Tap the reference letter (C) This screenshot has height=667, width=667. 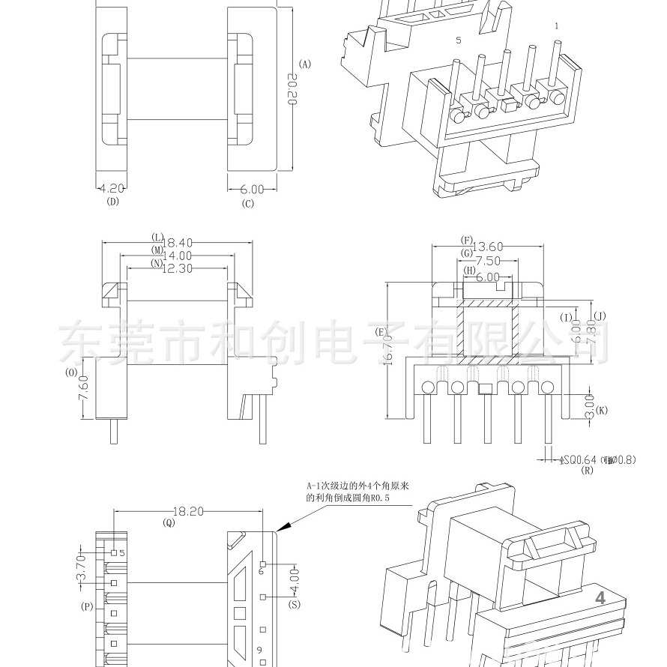pyautogui.click(x=248, y=203)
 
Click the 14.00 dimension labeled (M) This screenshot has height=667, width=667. pyautogui.click(x=178, y=255)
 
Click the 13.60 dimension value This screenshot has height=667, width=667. pyautogui.click(x=486, y=246)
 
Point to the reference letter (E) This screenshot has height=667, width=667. pyautogui.click(x=381, y=332)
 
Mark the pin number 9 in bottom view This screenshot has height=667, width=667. pyautogui.click(x=259, y=649)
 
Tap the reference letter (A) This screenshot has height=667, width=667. pyautogui.click(x=304, y=64)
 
